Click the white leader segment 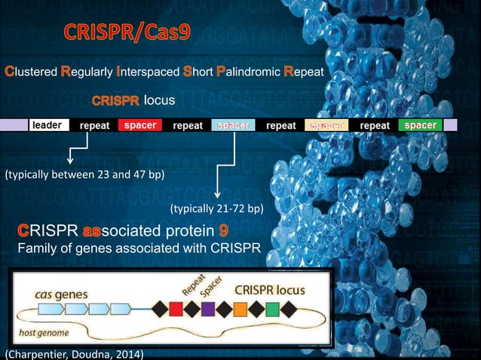pyautogui.click(x=49, y=125)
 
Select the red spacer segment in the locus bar pyautogui.click(x=139, y=125)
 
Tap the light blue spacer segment pyautogui.click(x=233, y=125)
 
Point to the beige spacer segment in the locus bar pyautogui.click(x=326, y=125)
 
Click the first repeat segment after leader pyautogui.click(x=95, y=125)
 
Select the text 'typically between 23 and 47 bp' pyautogui.click(x=84, y=175)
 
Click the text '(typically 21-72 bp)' pyautogui.click(x=217, y=208)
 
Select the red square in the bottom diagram pyautogui.click(x=176, y=308)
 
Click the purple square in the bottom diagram pyautogui.click(x=207, y=308)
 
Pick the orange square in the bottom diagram pyautogui.click(x=240, y=308)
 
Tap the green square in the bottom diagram pyautogui.click(x=273, y=308)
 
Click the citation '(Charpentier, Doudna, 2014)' pyautogui.click(x=74, y=353)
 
